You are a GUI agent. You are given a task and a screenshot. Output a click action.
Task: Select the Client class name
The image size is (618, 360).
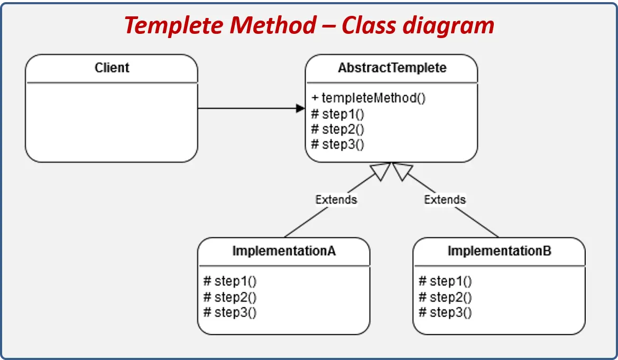pyautogui.click(x=112, y=68)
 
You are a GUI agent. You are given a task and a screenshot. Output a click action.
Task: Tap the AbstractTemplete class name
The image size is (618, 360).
pyautogui.click(x=392, y=68)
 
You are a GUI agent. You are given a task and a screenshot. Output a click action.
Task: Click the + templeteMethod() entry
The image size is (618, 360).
pyautogui.click(x=368, y=98)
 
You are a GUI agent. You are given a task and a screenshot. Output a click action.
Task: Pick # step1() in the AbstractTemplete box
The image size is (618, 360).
pyautogui.click(x=338, y=114)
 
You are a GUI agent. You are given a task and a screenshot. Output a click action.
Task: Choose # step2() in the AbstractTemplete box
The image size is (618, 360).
pyautogui.click(x=338, y=128)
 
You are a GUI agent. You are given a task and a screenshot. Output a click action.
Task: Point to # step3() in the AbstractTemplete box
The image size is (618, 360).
pyautogui.click(x=338, y=144)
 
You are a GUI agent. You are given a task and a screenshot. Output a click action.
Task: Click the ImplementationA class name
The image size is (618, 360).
pyautogui.click(x=284, y=251)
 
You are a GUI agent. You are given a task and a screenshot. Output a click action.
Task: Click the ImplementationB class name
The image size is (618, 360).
pyautogui.click(x=499, y=251)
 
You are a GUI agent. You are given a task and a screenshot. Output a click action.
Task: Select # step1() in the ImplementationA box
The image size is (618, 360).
pyautogui.click(x=230, y=281)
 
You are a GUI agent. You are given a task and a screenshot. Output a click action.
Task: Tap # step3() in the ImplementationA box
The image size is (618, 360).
pyautogui.click(x=230, y=312)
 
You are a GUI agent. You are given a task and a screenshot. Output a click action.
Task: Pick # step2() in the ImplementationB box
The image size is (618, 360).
pyautogui.click(x=445, y=297)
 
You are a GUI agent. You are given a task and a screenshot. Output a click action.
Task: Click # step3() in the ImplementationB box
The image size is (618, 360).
pyautogui.click(x=445, y=312)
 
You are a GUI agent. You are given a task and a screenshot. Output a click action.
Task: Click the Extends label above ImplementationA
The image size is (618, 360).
pyautogui.click(x=336, y=199)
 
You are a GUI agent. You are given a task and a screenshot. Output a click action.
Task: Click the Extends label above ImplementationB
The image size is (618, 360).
pyautogui.click(x=445, y=199)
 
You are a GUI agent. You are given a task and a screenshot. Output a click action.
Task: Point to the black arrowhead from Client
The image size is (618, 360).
pyautogui.click(x=301, y=108)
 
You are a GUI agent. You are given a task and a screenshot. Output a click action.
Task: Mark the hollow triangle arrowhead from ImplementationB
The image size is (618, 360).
pyautogui.click(x=402, y=171)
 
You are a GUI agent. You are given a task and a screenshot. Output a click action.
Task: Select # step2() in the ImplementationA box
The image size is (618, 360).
pyautogui.click(x=230, y=297)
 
